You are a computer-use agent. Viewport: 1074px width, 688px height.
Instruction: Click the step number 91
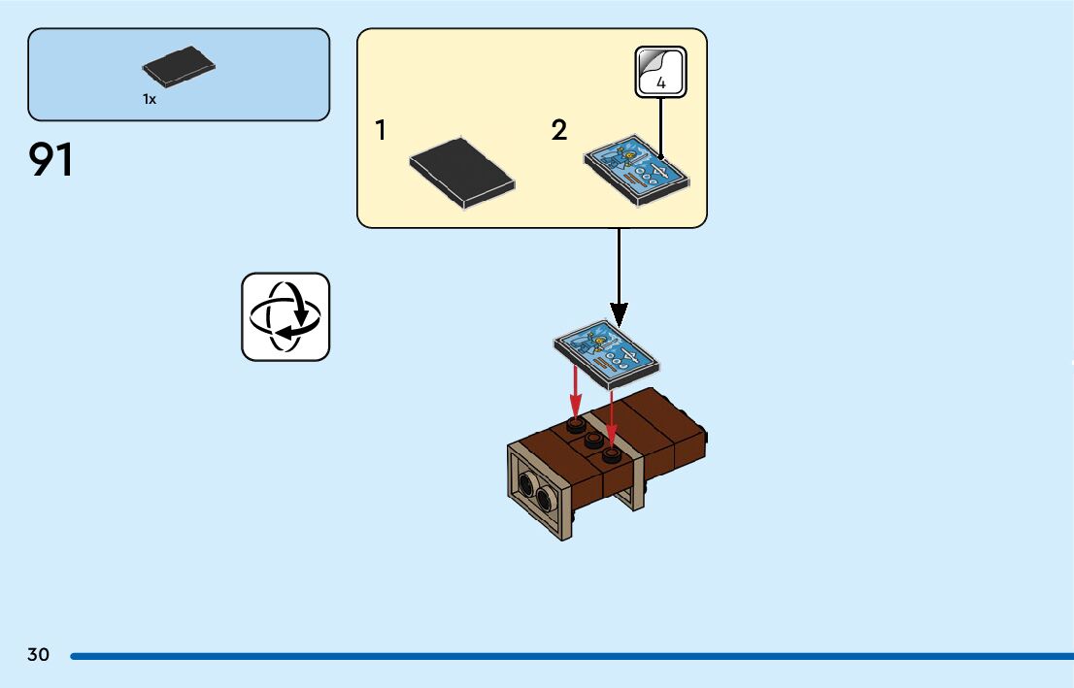coord(51,160)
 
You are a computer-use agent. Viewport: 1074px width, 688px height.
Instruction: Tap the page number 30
coord(38,655)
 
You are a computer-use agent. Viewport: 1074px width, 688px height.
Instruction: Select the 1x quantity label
coord(150,99)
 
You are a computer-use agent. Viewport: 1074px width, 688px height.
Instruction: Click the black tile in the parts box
coord(179,66)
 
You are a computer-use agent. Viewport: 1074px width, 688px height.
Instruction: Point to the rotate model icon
coord(285,316)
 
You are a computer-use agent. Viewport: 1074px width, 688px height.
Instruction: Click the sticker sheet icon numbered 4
coord(661,72)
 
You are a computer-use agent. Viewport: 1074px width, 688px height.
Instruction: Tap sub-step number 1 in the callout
coord(381,130)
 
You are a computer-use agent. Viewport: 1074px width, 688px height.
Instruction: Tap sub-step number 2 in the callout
coord(558,130)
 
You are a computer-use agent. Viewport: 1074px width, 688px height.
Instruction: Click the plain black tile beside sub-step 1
coord(461,173)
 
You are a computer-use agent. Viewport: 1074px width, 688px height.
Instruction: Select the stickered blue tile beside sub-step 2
coord(637,170)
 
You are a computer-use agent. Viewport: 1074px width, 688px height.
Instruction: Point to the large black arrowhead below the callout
coord(619,312)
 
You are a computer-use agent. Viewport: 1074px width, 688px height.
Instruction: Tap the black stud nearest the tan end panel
coord(610,454)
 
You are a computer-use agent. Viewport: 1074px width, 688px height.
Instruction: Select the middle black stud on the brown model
coord(592,440)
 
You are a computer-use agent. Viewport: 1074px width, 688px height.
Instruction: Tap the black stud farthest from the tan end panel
coord(576,425)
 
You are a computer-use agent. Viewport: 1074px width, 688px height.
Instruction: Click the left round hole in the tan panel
coord(525,484)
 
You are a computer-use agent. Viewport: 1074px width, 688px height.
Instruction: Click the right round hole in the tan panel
coord(542,499)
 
